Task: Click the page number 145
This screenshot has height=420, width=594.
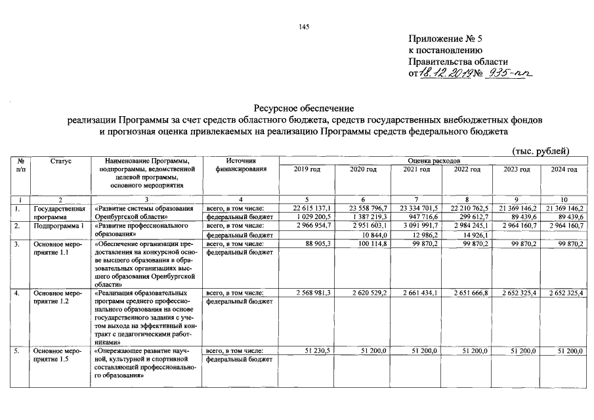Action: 303,26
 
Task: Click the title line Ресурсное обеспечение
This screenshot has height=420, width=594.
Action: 303,107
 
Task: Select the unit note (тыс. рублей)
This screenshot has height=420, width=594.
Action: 540,152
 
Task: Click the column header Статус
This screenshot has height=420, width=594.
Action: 60,161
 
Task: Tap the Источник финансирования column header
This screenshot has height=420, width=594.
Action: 241,165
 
